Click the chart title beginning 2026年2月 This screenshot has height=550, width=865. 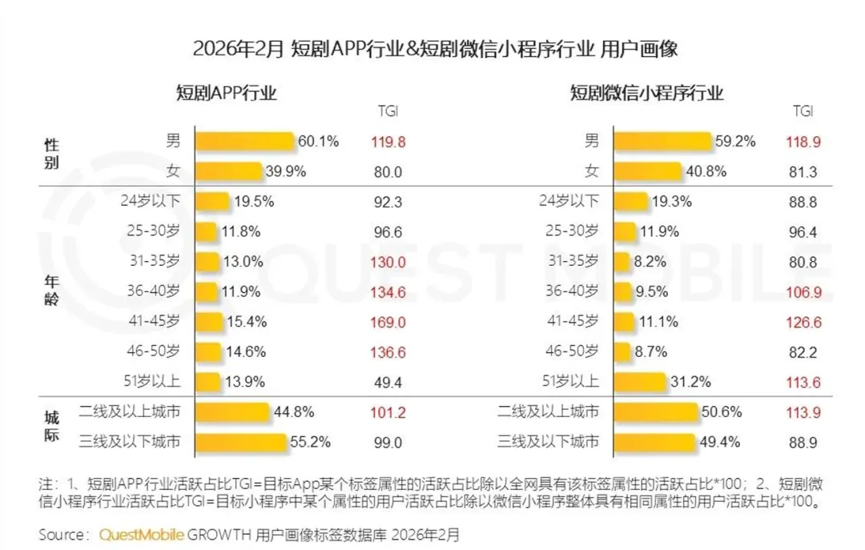click(435, 49)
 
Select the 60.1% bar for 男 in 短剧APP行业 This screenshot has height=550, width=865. click(244, 141)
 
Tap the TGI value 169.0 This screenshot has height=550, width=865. click(388, 322)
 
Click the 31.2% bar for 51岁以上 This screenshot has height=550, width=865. click(640, 382)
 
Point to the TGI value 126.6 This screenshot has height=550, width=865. click(804, 322)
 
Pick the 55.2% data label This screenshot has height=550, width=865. click(311, 442)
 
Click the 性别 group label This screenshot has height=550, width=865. click(51, 154)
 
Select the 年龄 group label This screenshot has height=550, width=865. click(51, 291)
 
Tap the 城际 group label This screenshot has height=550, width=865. click(51, 426)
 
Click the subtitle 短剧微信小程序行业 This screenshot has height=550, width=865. click(646, 93)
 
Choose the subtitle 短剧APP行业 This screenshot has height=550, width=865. click(226, 93)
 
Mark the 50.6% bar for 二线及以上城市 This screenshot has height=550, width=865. click(656, 412)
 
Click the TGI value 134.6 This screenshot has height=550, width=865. click(388, 292)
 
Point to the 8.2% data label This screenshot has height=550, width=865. click(650, 262)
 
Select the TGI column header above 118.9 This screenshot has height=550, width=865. click(803, 111)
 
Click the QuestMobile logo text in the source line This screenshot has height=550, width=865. click(141, 535)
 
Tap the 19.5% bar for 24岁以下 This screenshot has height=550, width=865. click(211, 202)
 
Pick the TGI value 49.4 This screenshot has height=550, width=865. click(388, 383)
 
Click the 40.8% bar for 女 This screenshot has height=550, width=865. click(648, 171)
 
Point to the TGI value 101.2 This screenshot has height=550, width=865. click(388, 412)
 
